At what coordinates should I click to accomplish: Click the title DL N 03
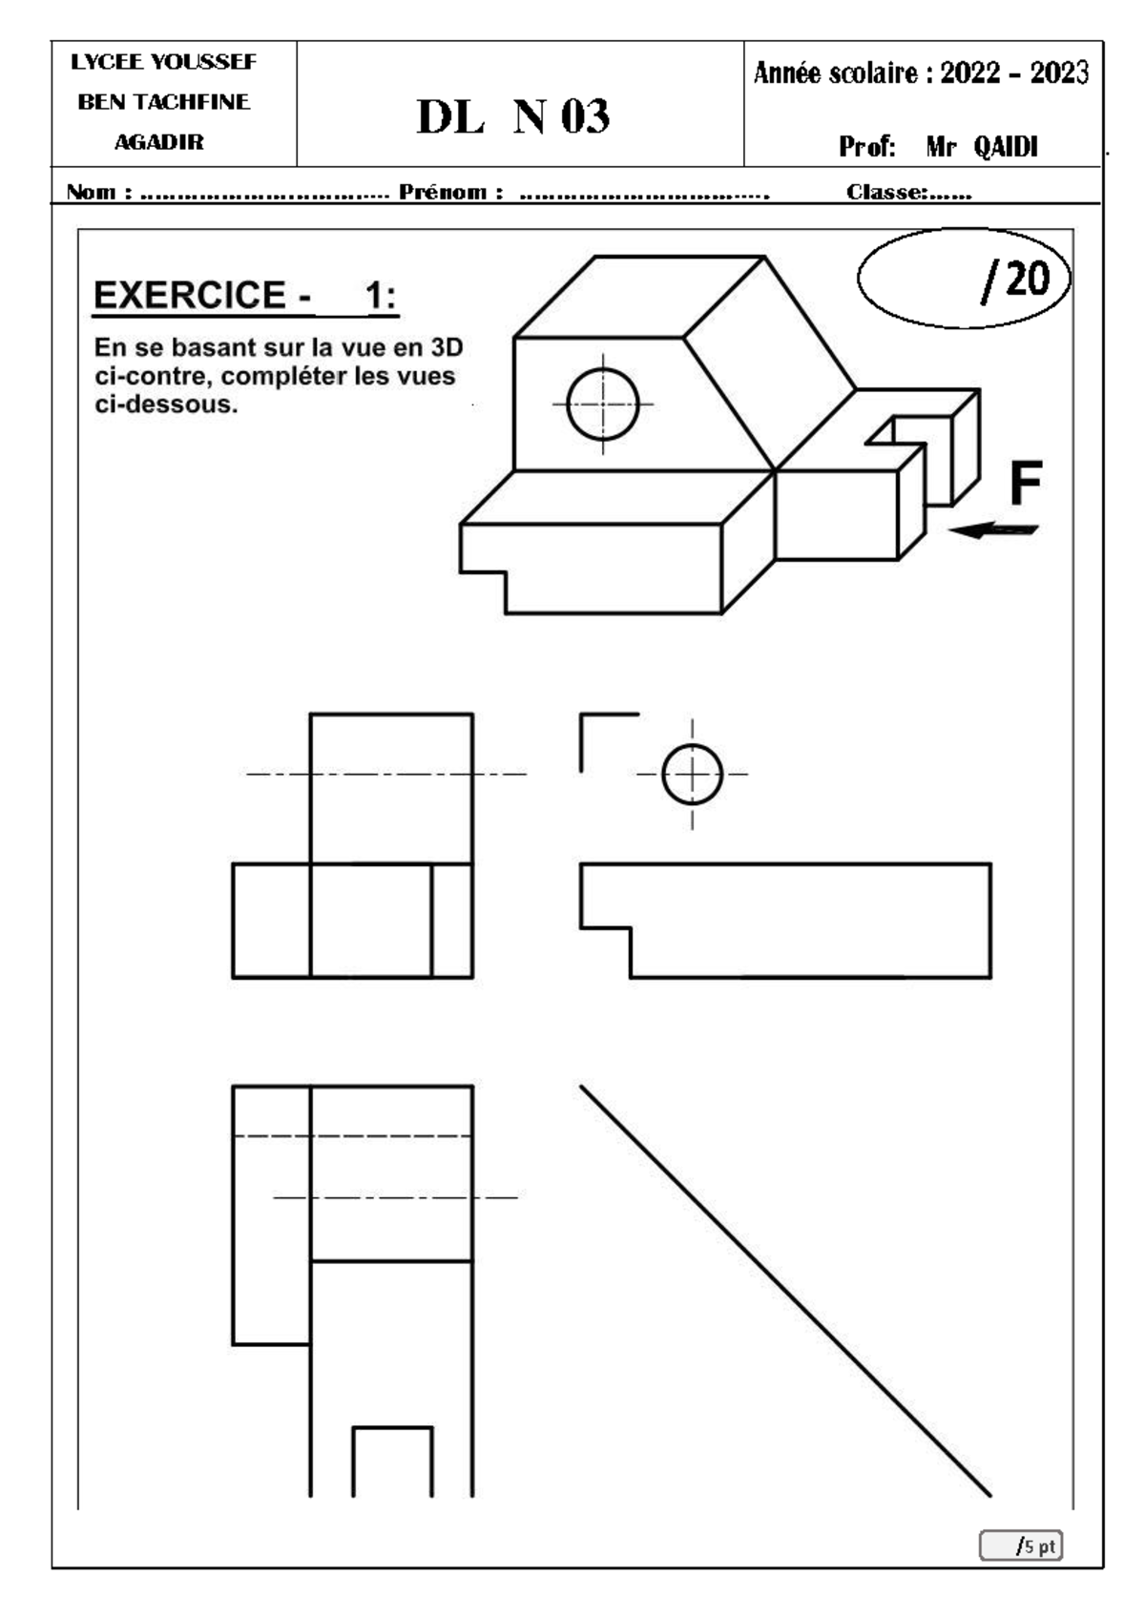pyautogui.click(x=513, y=115)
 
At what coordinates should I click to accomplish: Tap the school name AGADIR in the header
pyautogui.click(x=159, y=141)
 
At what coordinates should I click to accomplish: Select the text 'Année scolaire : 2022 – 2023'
pyautogui.click(x=921, y=73)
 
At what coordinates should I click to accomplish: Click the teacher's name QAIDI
pyautogui.click(x=1006, y=147)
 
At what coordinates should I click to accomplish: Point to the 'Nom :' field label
pyautogui.click(x=99, y=192)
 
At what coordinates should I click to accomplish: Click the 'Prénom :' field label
pyautogui.click(x=450, y=192)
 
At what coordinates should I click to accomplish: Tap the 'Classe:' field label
pyautogui.click(x=887, y=192)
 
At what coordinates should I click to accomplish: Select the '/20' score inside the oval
pyautogui.click(x=1015, y=280)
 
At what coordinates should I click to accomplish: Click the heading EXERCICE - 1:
pyautogui.click(x=245, y=295)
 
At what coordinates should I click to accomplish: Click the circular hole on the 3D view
pyautogui.click(x=603, y=404)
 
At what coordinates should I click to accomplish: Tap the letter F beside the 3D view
pyautogui.click(x=1026, y=483)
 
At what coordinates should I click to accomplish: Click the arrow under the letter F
pyautogui.click(x=993, y=530)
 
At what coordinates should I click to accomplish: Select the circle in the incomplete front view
pyautogui.click(x=692, y=775)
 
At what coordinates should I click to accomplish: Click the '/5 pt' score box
pyautogui.click(x=1021, y=1545)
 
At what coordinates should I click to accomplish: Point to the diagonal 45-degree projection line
pyautogui.click(x=785, y=1291)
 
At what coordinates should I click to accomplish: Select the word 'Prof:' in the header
pyautogui.click(x=867, y=147)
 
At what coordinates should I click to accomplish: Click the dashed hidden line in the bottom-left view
pyautogui.click(x=352, y=1136)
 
